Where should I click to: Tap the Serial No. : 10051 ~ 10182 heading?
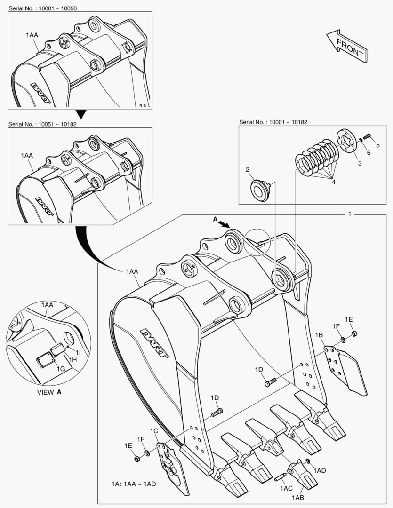click(42, 124)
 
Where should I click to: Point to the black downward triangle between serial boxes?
click(82, 114)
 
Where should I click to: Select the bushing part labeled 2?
click(260, 190)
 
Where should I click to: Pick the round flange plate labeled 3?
click(346, 141)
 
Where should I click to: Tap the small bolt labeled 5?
click(368, 136)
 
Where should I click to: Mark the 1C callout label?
click(154, 431)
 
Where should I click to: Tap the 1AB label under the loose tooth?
click(297, 498)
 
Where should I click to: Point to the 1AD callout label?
click(320, 470)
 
